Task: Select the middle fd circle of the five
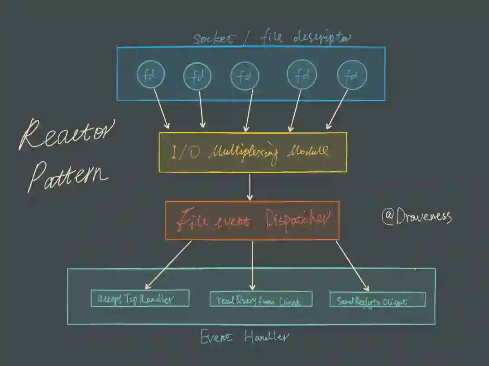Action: click(x=244, y=75)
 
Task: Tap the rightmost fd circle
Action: click(x=352, y=75)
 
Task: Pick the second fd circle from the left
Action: click(x=197, y=76)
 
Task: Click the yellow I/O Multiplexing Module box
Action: click(x=253, y=152)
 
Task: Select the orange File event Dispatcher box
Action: click(x=252, y=220)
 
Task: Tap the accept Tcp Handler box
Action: click(x=140, y=298)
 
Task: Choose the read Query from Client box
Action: click(x=261, y=299)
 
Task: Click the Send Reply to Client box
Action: click(x=378, y=299)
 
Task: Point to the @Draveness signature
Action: click(x=417, y=216)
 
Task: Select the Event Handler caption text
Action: click(x=244, y=337)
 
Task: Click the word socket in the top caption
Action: click(x=214, y=38)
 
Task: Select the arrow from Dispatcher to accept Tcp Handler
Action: click(x=168, y=265)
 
